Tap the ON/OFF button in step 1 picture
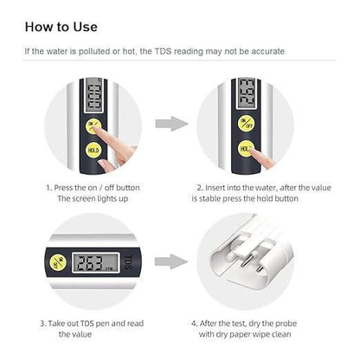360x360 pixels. pos(91,123)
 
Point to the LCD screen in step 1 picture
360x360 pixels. pos(91,96)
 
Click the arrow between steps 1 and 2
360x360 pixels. pos(177,124)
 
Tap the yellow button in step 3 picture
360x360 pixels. pos(55,260)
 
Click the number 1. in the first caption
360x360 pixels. pos(48,187)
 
